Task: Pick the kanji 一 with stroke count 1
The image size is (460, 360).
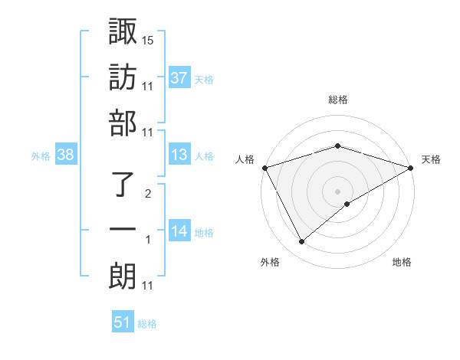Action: (122, 231)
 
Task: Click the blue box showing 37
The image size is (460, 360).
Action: (179, 77)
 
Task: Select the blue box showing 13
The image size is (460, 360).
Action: (179, 155)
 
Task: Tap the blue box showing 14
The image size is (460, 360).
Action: (179, 231)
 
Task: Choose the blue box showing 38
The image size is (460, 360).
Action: (65, 155)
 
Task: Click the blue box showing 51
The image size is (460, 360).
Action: (123, 322)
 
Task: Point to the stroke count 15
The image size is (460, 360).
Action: (149, 39)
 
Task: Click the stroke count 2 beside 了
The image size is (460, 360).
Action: (148, 193)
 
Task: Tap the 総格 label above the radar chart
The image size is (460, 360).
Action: (337, 100)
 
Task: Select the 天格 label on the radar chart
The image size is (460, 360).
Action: (431, 159)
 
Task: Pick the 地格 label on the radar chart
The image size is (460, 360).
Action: (402, 262)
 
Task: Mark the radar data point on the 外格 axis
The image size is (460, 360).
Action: (302, 242)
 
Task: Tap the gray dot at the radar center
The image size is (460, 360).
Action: (337, 191)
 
